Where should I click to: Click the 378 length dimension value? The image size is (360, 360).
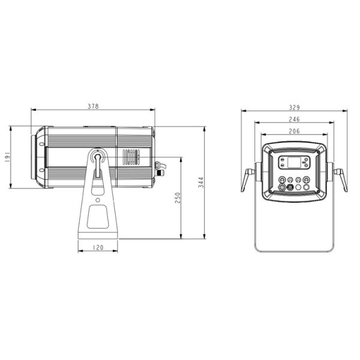coord(93,106)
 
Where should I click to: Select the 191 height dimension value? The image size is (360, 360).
coord(7,157)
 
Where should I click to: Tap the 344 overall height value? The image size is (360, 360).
coord(201,182)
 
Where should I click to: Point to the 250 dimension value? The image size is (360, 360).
coord(178,198)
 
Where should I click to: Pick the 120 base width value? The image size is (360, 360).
coord(98,247)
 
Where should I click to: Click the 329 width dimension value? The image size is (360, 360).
coord(295,107)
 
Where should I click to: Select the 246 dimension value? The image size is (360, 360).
coord(295,119)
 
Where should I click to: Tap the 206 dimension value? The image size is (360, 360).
coord(295,131)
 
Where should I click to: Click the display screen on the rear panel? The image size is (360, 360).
coord(293,162)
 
